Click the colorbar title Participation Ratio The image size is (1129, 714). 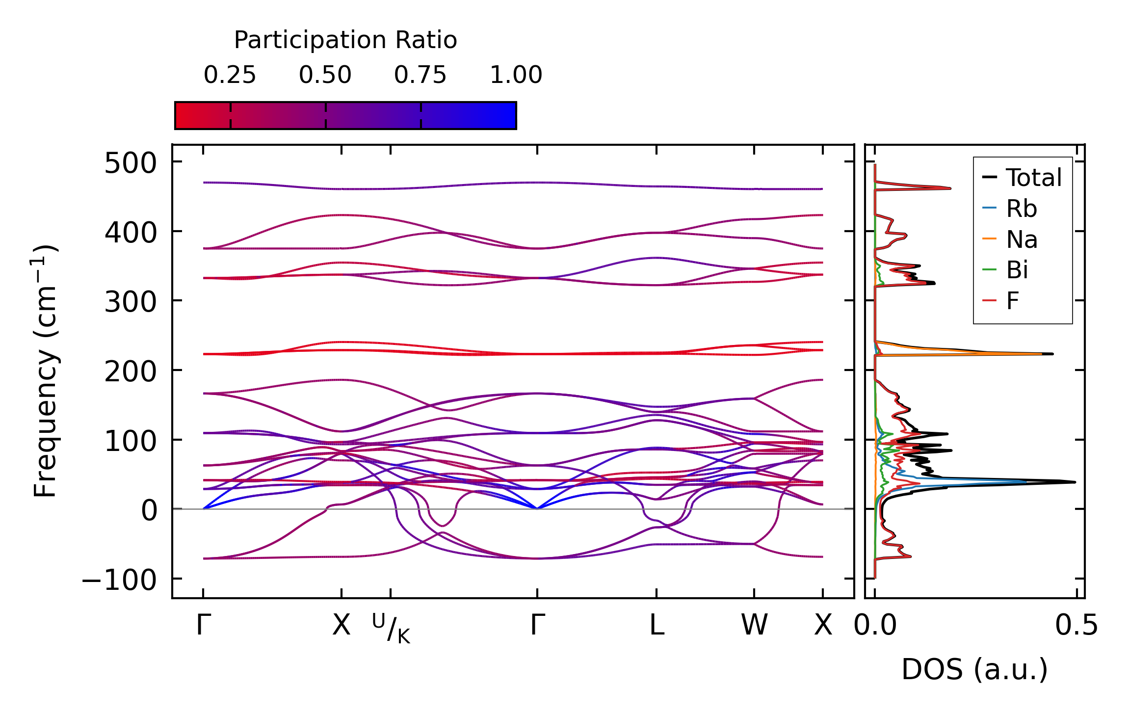click(345, 40)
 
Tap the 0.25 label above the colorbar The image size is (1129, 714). click(230, 75)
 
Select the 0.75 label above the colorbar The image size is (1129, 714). click(420, 75)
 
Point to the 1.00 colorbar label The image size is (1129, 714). click(516, 75)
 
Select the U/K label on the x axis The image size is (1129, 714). click(391, 629)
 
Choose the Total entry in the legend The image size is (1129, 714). click(1034, 178)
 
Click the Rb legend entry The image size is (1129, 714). click(1022, 209)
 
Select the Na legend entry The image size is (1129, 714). click(1022, 240)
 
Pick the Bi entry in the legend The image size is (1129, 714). click(1017, 270)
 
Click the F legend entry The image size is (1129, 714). click(1012, 301)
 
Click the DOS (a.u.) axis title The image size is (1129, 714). click(974, 669)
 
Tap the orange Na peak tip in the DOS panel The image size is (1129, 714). click(1041, 354)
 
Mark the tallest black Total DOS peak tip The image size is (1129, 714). click(1075, 482)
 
